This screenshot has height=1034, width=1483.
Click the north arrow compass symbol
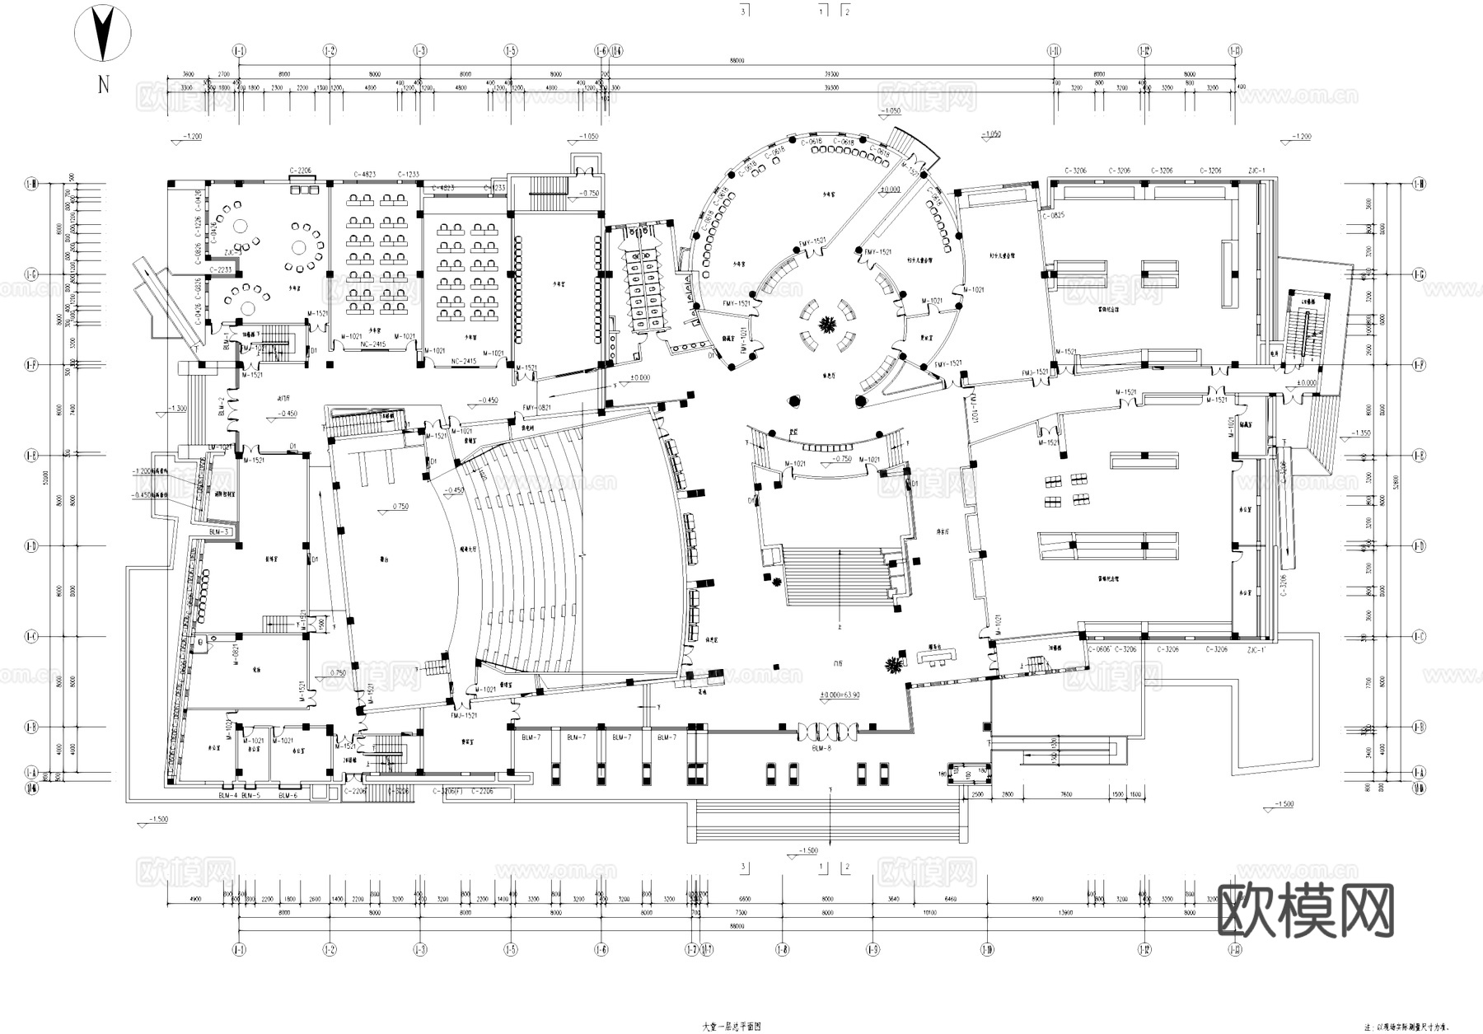pyautogui.click(x=103, y=34)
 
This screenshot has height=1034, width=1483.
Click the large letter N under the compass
pyautogui.click(x=103, y=85)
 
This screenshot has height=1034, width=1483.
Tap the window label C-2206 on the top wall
pyautogui.click(x=300, y=171)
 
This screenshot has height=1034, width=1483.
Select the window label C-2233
pyautogui.click(x=221, y=269)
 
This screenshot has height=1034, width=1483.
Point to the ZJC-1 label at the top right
pyautogui.click(x=1256, y=171)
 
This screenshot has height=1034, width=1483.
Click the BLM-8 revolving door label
pyautogui.click(x=821, y=748)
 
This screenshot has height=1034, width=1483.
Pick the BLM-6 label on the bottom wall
pyautogui.click(x=288, y=796)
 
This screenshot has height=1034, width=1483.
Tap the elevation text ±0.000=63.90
pyautogui.click(x=839, y=695)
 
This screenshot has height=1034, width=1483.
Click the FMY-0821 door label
pyautogui.click(x=536, y=408)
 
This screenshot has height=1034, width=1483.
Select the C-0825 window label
pyautogui.click(x=1053, y=215)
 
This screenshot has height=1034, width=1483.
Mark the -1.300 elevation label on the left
pyautogui.click(x=177, y=408)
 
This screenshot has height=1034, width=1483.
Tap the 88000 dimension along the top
pyautogui.click(x=737, y=60)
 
